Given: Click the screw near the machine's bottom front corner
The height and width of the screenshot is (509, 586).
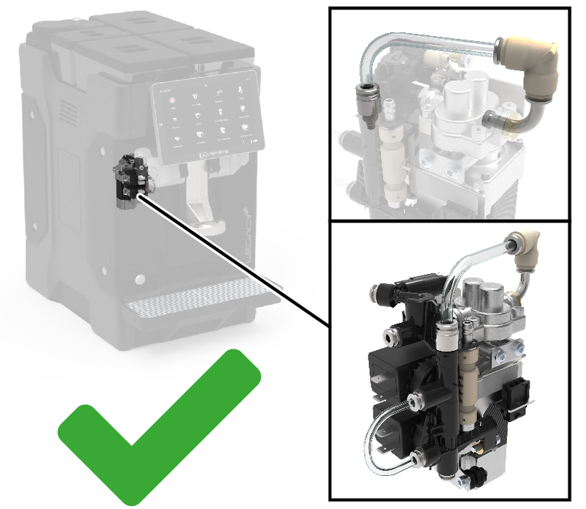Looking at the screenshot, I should (x=138, y=279).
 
